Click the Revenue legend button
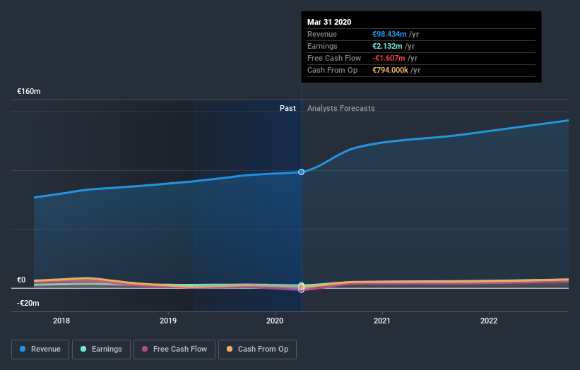point(40,349)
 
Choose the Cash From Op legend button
point(257,349)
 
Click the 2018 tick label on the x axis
point(61,321)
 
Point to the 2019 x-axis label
point(168,321)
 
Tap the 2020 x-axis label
point(275,321)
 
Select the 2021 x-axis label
point(382,321)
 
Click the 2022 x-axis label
point(489,321)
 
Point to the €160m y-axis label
point(29,92)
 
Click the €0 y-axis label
point(21,280)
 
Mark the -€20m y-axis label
point(28,303)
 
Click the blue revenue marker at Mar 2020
point(302,172)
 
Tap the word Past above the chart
point(288,108)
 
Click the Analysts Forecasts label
point(341,108)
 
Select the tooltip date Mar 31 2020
point(329,22)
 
